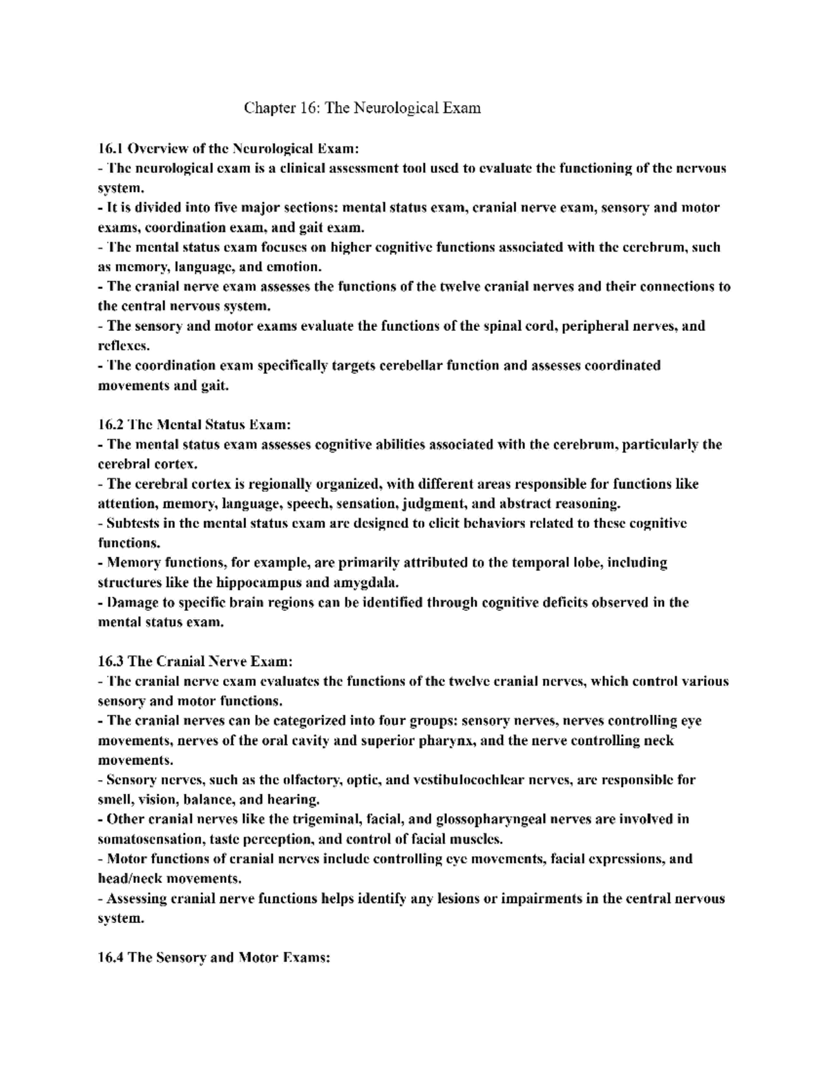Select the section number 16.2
pyautogui.click(x=111, y=424)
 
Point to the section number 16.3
pyautogui.click(x=111, y=661)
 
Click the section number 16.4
pyautogui.click(x=111, y=958)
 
